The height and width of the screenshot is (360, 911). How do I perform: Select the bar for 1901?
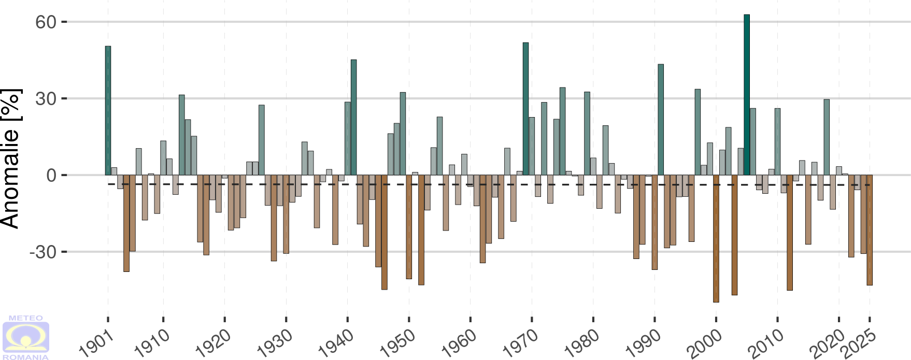tap(108, 111)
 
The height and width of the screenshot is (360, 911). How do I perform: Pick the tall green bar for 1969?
tap(525, 109)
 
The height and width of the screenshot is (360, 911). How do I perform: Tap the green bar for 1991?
tap(661, 120)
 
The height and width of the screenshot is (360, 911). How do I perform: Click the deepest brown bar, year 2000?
tap(716, 238)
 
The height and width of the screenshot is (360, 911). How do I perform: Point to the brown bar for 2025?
tap(870, 230)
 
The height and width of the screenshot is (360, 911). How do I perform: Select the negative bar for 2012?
tap(790, 233)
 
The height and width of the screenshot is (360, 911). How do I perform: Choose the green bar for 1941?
tap(353, 118)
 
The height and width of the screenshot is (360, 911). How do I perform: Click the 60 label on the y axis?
tap(46, 22)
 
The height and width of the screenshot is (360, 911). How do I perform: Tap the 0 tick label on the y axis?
tap(51, 176)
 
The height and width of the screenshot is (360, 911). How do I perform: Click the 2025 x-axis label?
tap(859, 343)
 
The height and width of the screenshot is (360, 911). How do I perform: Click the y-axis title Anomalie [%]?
tap(11, 158)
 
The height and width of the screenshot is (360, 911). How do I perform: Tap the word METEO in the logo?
tap(26, 318)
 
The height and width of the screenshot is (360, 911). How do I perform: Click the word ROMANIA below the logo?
tap(26, 357)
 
